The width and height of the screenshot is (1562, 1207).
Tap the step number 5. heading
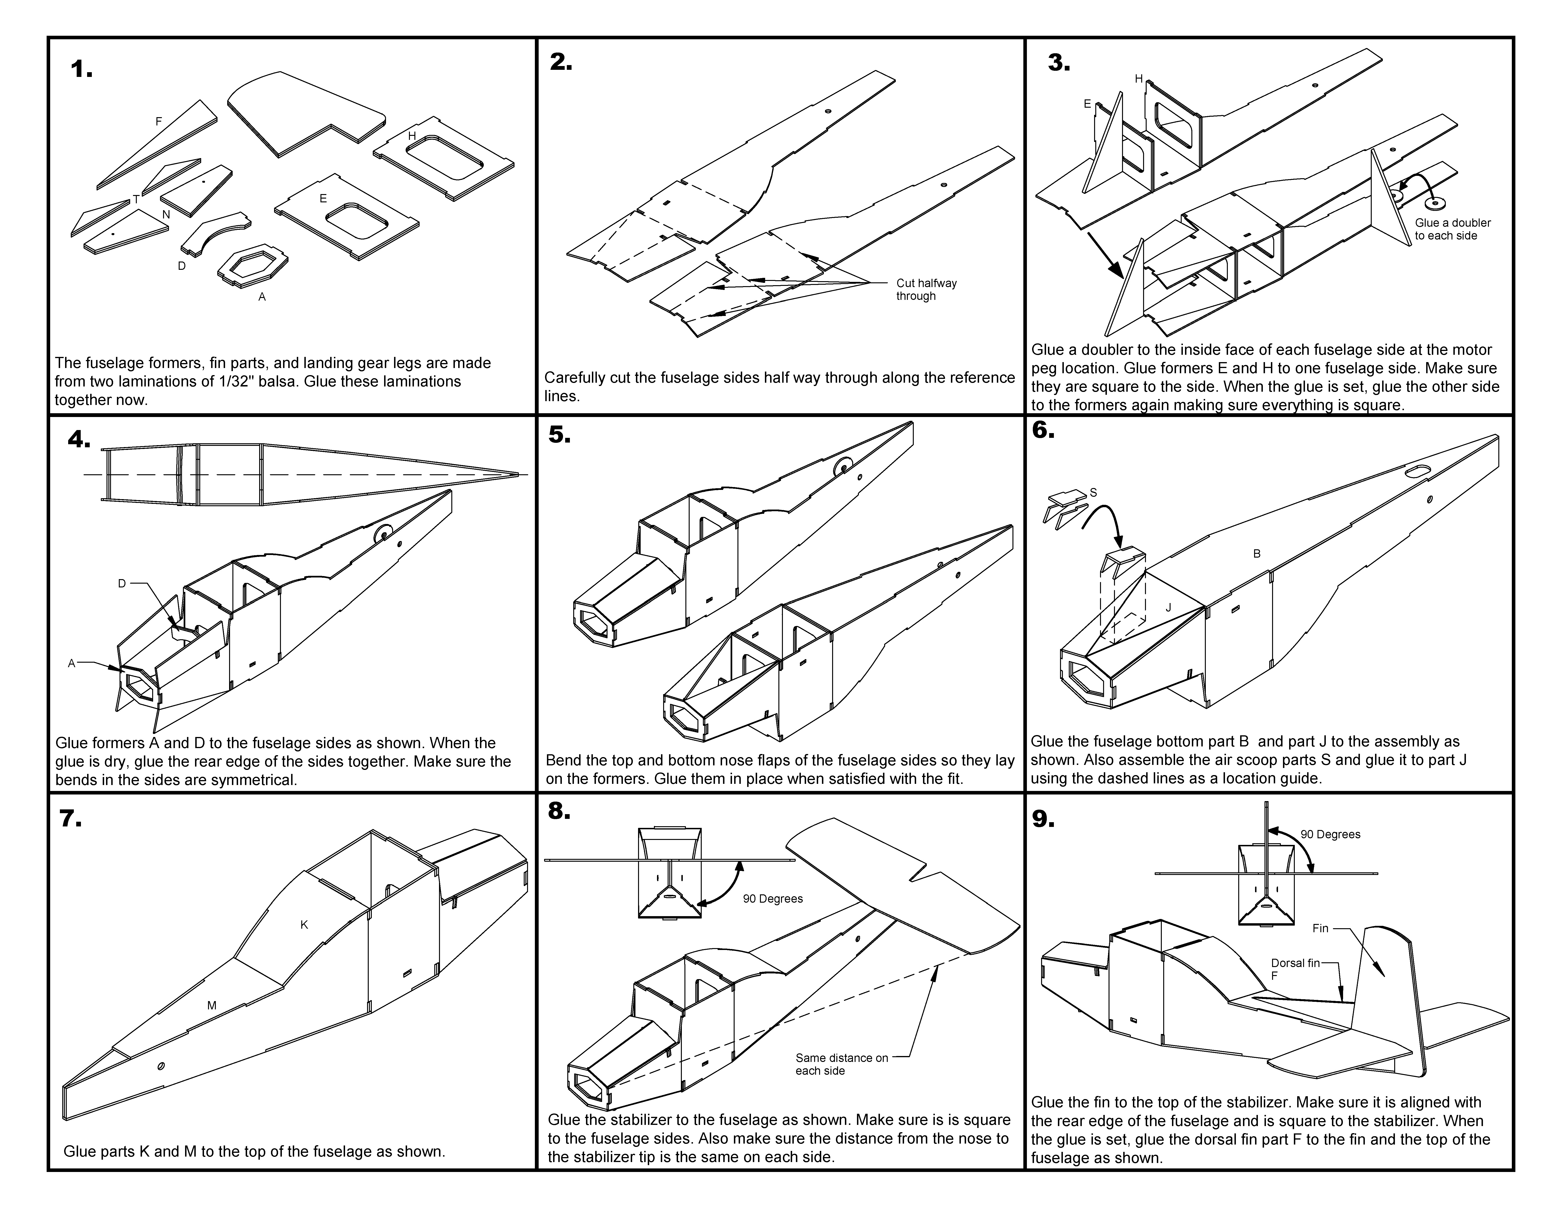click(559, 435)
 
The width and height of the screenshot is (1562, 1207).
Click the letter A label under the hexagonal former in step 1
click(262, 297)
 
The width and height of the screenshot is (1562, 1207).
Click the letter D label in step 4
click(122, 583)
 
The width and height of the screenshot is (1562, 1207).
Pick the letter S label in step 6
click(1093, 493)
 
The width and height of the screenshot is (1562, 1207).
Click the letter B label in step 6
click(1257, 554)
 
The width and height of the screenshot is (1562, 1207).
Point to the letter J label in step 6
click(1168, 608)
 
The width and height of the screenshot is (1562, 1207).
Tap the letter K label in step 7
click(304, 925)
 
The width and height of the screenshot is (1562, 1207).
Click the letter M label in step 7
click(212, 1005)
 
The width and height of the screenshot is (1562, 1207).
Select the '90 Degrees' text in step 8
click(772, 899)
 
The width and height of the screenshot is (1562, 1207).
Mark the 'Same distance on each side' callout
click(841, 1064)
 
